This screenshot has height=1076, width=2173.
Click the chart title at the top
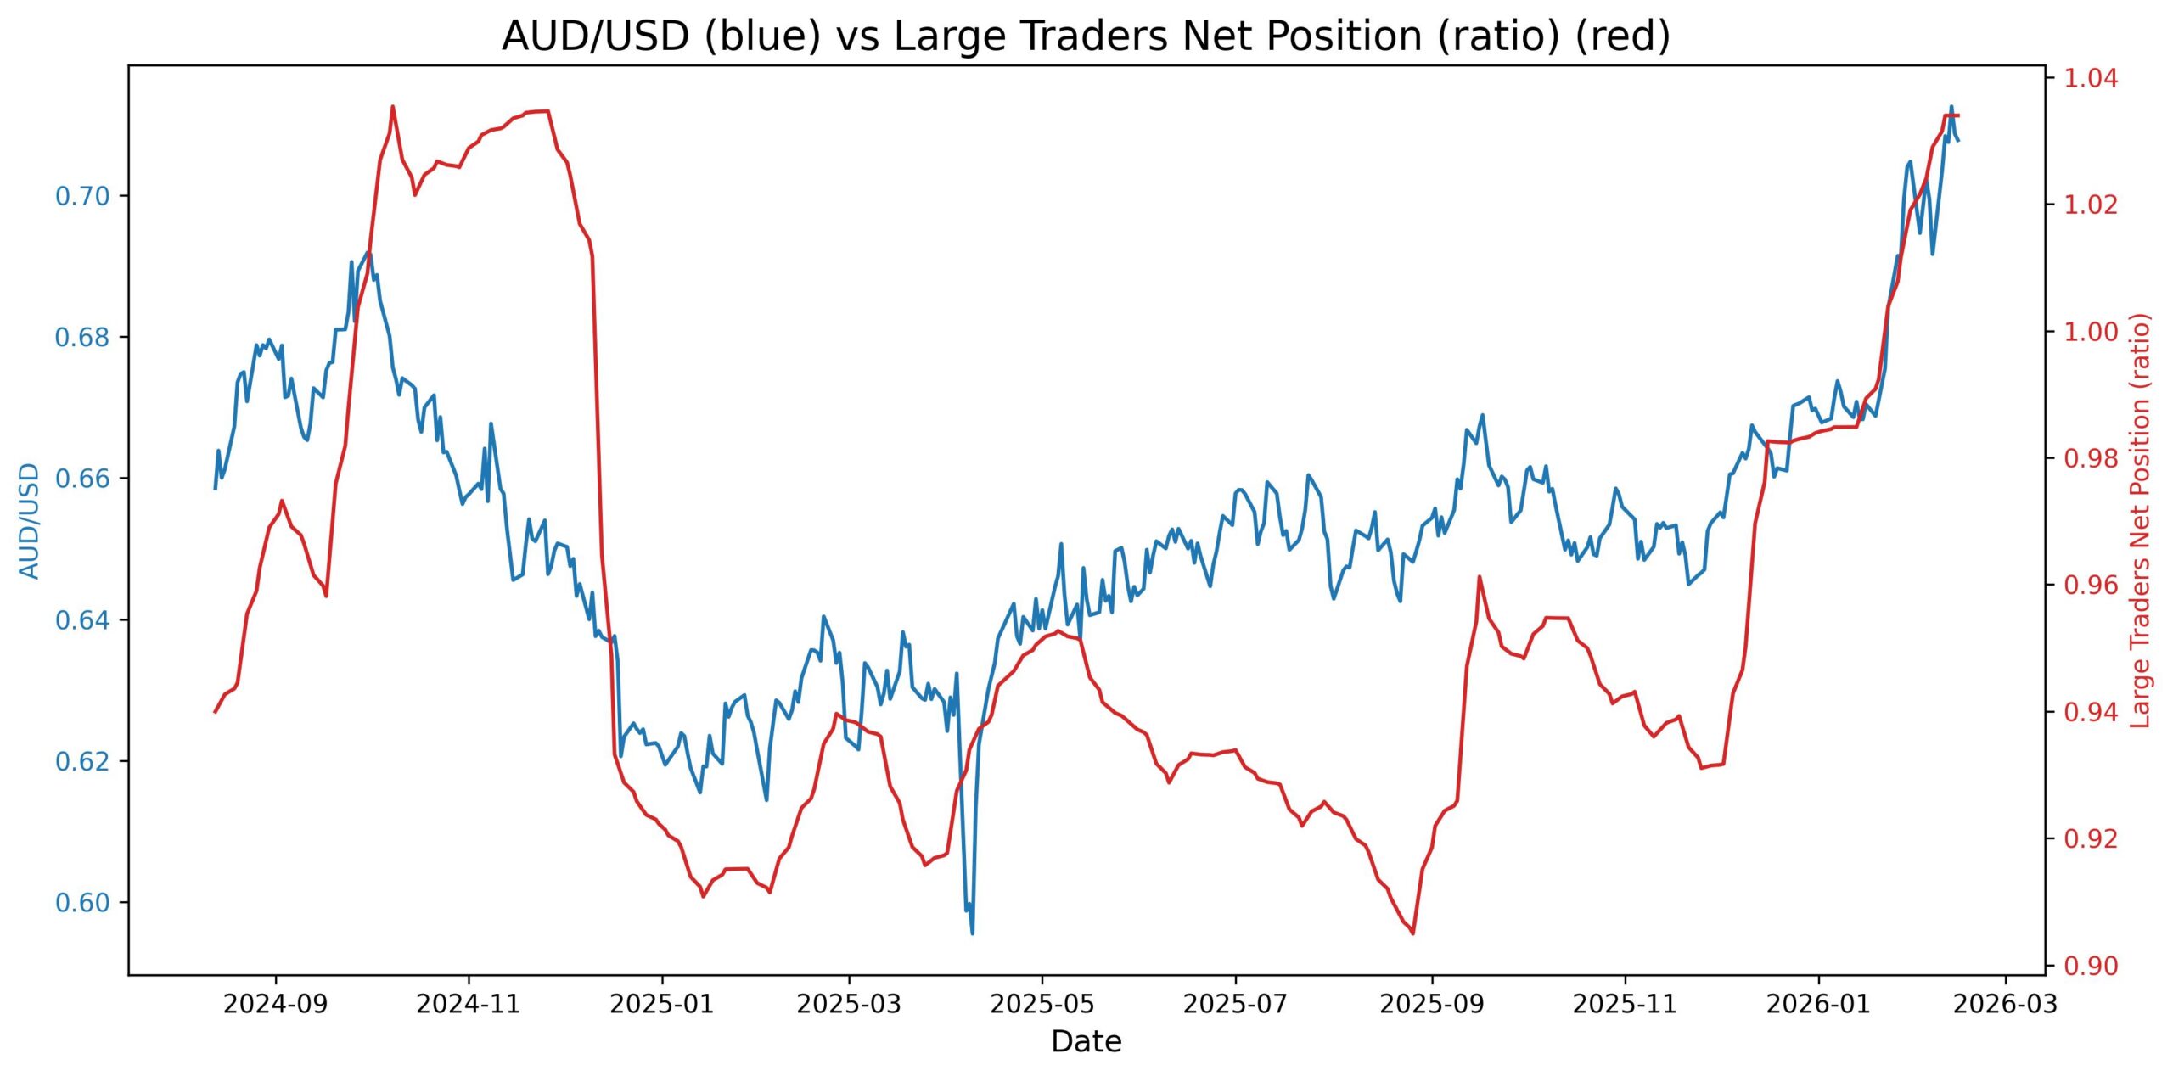pos(1086,36)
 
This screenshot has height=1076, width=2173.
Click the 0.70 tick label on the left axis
pos(82,197)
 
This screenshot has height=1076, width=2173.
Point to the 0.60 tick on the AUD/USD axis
pos(82,903)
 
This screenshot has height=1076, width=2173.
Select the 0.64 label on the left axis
pos(82,620)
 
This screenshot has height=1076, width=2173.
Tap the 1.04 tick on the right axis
pos(2090,79)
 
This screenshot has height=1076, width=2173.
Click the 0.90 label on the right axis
pos(2090,966)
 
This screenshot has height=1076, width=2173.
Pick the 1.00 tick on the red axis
pos(2090,332)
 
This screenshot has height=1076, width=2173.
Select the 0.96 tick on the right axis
pos(2090,586)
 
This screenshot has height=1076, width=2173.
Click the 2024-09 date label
pos(276,1005)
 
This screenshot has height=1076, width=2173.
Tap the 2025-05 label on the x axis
pos(1042,1005)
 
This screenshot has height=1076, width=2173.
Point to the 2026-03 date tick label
pos(2005,1005)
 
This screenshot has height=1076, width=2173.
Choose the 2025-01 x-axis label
pos(662,1005)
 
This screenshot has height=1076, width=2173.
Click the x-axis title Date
pos(1086,1042)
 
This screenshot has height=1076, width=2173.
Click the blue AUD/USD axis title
pos(30,520)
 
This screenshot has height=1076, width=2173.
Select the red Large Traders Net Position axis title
pos(2140,520)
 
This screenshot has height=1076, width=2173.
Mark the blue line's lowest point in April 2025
pos(972,933)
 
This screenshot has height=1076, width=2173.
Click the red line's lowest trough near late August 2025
pos(1413,933)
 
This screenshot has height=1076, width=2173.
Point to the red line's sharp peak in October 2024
pos(392,107)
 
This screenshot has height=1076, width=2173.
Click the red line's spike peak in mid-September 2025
pos(1479,577)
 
